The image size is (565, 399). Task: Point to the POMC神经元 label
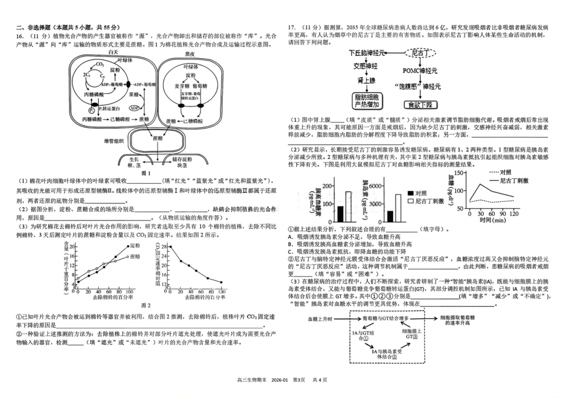coord(418,70)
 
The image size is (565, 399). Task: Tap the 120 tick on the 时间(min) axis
coord(513,212)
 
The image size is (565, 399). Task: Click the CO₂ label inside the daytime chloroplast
coord(100,64)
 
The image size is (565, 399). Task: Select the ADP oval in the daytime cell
coord(134,108)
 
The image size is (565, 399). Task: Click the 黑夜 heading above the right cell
coord(190,54)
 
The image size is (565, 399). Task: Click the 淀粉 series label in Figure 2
coord(135,245)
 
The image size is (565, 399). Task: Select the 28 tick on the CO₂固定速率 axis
coord(169,246)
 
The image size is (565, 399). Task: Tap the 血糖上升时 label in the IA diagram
coord(320,319)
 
